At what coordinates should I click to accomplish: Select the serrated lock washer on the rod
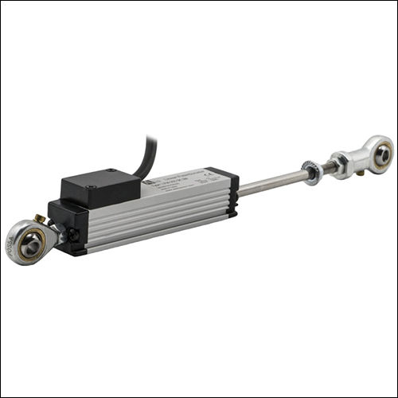[x=311, y=173]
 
